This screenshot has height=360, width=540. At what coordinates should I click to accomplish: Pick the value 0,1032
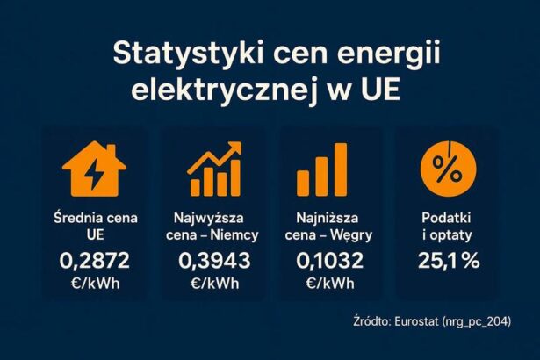click(329, 261)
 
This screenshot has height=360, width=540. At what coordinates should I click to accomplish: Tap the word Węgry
click(354, 235)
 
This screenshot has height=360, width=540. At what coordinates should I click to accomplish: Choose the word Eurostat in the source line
click(417, 320)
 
